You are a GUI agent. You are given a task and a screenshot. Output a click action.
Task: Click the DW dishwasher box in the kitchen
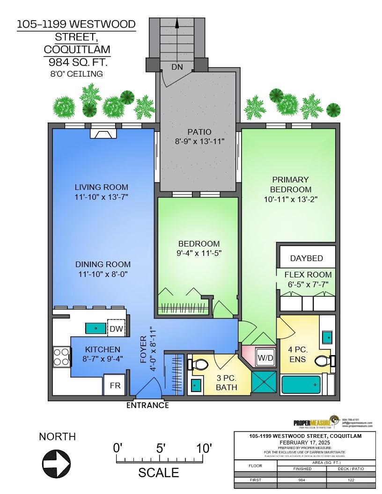(116, 329)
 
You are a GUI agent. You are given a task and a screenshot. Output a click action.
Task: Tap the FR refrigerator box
(114, 385)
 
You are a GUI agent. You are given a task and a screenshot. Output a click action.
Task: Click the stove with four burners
(61, 356)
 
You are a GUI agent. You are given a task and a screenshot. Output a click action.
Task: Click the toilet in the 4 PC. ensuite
(324, 361)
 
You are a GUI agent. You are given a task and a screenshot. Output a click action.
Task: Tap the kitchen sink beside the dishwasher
(95, 328)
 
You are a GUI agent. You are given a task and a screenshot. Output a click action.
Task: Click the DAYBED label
(307, 258)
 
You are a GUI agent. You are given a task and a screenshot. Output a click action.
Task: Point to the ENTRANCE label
(147, 406)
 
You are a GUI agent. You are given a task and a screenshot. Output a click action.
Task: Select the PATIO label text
(198, 132)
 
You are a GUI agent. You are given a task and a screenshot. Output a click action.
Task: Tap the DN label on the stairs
(177, 67)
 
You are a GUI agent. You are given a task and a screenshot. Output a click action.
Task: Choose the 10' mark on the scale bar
(204, 448)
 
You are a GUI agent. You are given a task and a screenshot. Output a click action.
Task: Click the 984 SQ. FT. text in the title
(76, 62)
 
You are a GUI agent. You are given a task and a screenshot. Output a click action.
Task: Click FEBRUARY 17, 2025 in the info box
(304, 442)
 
